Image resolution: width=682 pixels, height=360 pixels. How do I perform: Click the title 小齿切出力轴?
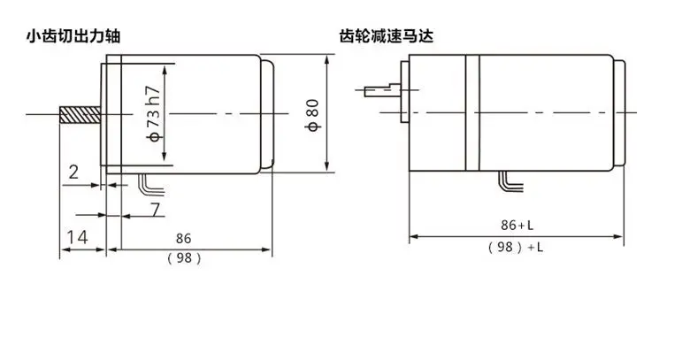tap(72, 37)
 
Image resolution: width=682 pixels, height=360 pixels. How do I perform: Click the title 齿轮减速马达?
tap(387, 37)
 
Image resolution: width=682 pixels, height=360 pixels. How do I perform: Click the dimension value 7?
tap(156, 211)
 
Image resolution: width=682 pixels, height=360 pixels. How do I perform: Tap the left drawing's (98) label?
tap(184, 258)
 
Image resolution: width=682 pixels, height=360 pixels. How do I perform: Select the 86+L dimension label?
tap(515, 225)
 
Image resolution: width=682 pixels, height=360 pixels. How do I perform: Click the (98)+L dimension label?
tap(515, 249)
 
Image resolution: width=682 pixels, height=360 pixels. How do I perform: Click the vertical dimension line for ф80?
tap(328, 115)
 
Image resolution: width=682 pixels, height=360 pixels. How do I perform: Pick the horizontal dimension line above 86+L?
tap(515, 236)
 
